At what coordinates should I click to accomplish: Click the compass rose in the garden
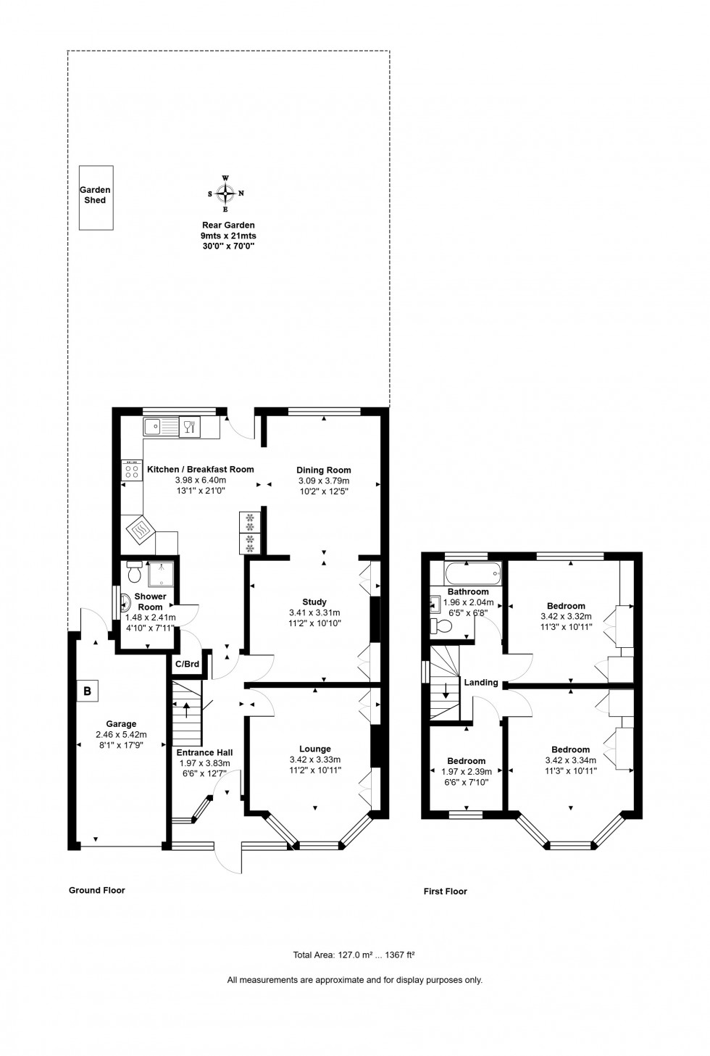click(226, 193)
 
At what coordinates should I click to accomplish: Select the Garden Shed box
click(96, 197)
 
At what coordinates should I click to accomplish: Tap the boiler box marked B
click(87, 691)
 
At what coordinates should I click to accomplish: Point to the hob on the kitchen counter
click(132, 470)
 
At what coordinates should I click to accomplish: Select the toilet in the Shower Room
click(135, 573)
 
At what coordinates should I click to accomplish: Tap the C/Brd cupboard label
click(187, 665)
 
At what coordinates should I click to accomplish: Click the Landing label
click(481, 682)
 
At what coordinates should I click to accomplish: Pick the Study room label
click(314, 602)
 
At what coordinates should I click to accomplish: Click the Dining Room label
click(324, 470)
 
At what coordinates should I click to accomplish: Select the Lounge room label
click(315, 749)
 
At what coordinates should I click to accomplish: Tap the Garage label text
click(121, 723)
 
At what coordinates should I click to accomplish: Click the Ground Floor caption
click(96, 890)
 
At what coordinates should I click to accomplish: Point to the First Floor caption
click(446, 891)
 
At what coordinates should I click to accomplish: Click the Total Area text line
click(354, 955)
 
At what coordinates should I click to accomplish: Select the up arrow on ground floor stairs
click(187, 709)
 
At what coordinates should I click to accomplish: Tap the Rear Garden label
click(228, 225)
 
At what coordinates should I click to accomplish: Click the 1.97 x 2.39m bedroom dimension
click(467, 771)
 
